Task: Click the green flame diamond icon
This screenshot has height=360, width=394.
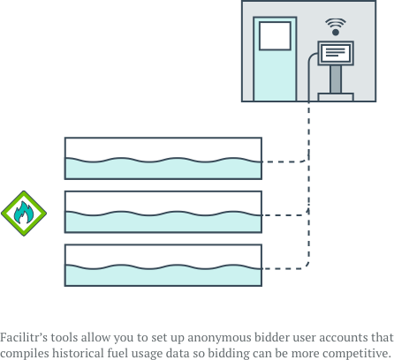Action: tap(21, 212)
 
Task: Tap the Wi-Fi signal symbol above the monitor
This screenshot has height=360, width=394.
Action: tap(333, 26)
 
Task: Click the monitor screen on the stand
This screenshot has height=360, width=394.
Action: tap(334, 53)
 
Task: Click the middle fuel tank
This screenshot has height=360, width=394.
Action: tap(163, 212)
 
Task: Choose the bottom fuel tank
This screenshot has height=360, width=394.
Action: tap(163, 263)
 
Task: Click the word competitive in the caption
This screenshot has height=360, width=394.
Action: tap(353, 351)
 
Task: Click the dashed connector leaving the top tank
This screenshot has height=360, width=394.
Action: tap(284, 162)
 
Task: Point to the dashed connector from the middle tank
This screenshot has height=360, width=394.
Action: tap(284, 214)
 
